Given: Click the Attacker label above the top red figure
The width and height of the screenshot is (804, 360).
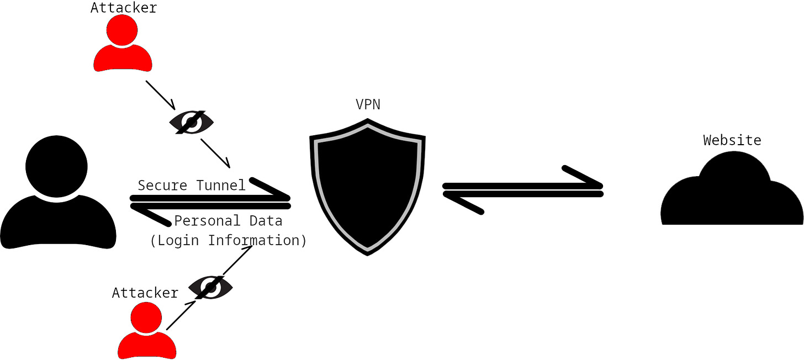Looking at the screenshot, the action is [x=124, y=8].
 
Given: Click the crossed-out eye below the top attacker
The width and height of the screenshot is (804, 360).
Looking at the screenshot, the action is [x=191, y=122].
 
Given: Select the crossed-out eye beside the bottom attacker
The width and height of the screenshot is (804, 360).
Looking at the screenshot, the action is [x=210, y=287].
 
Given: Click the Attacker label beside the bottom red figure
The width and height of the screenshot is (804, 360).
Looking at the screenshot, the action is [x=145, y=293].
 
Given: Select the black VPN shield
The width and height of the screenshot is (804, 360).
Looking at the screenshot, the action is [x=368, y=188].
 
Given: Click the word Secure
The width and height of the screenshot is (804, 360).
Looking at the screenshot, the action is [x=163, y=186].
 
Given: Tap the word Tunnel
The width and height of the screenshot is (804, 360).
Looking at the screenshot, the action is [x=221, y=186].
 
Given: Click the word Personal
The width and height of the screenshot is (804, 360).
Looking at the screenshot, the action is [x=200, y=221].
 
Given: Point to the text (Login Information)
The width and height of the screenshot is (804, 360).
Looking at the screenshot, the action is [x=228, y=241].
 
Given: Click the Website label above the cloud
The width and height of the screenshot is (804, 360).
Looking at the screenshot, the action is [x=732, y=140].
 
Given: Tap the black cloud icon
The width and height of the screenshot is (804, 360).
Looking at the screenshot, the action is [x=732, y=193].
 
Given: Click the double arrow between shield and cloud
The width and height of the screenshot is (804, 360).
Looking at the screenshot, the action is [x=522, y=189].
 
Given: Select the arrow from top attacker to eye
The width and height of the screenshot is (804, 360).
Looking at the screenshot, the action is [x=160, y=95].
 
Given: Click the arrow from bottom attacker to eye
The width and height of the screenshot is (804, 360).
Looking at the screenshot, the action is [x=180, y=316].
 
